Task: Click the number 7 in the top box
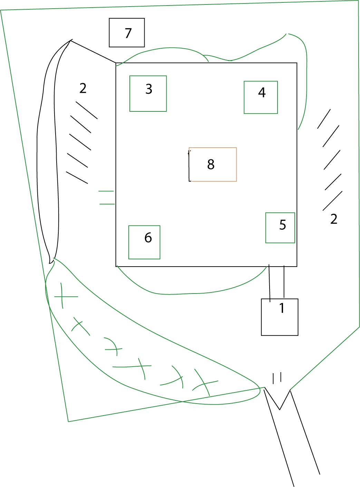tap(128, 33)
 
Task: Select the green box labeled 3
tap(148, 93)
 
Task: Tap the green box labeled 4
tap(261, 97)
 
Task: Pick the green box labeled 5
tap(280, 228)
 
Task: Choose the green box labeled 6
tap(144, 242)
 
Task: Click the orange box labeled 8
tap(213, 165)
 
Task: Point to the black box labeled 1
tap(280, 317)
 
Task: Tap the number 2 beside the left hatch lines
tap(83, 88)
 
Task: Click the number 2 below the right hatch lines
tap(334, 219)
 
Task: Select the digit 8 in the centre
tap(211, 165)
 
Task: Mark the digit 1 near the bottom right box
tap(282, 308)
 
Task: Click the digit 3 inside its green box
tap(149, 89)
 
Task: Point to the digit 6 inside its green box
tap(148, 238)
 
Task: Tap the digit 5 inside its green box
tap(283, 225)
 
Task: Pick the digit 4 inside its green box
tap(262, 92)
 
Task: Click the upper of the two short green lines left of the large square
tap(106, 191)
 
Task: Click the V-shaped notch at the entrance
tap(280, 409)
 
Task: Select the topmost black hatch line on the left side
tap(87, 110)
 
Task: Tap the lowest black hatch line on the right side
tap(332, 201)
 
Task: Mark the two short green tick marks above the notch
tap(277, 378)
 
